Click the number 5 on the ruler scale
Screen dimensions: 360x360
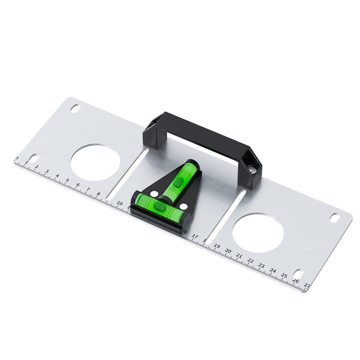click(67, 181)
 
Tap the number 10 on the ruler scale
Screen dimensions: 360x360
click(119, 203)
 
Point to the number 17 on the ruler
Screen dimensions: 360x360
click(195, 236)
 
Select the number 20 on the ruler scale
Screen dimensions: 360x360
click(228, 251)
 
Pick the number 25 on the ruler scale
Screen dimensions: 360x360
click(284, 275)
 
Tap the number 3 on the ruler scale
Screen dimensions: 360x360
click(47, 172)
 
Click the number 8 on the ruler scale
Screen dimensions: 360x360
click(98, 194)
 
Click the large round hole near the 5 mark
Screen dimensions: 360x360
click(95, 162)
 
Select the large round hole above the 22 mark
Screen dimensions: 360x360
click(258, 233)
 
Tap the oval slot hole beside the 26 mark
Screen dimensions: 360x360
click(297, 273)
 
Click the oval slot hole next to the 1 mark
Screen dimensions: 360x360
click(33, 158)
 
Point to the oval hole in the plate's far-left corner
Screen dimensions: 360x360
click(75, 108)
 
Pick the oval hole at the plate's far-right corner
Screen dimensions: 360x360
click(334, 217)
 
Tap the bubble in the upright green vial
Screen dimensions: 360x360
click(178, 182)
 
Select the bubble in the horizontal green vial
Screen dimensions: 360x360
click(159, 207)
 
